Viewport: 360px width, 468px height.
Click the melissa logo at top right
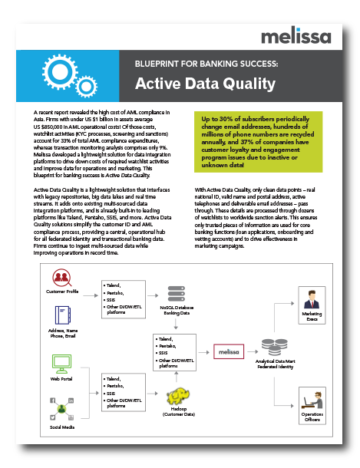click(296, 38)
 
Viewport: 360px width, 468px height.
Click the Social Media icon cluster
click(63, 407)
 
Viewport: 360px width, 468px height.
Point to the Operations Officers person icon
click(312, 398)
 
